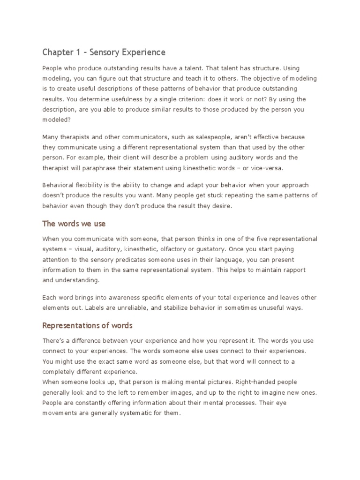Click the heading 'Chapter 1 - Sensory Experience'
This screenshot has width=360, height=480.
104,52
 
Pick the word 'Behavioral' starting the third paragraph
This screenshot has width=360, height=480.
59,185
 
